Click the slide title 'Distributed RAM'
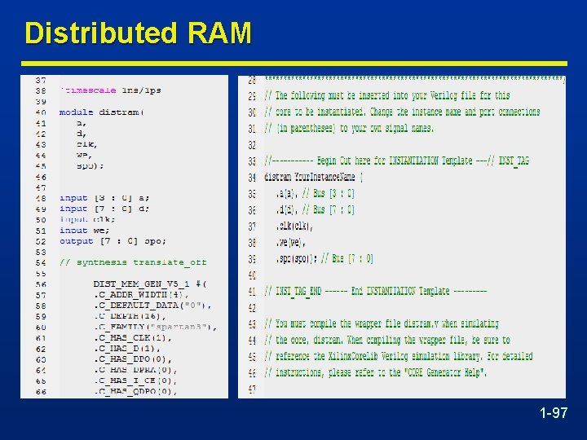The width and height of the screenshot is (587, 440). tap(138, 33)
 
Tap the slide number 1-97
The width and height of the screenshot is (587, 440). tap(554, 414)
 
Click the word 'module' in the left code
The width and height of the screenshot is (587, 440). tap(77, 112)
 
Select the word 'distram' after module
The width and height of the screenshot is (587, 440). tap(120, 112)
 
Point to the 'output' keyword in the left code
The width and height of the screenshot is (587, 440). tap(77, 241)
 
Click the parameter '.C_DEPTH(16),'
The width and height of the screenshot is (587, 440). tap(127, 316)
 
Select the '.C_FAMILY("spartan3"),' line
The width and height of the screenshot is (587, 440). tap(155, 327)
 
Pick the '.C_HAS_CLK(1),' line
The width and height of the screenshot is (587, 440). tap(132, 337)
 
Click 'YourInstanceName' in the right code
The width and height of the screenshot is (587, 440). tap(326, 177)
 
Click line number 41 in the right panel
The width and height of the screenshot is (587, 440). tap(252, 291)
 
